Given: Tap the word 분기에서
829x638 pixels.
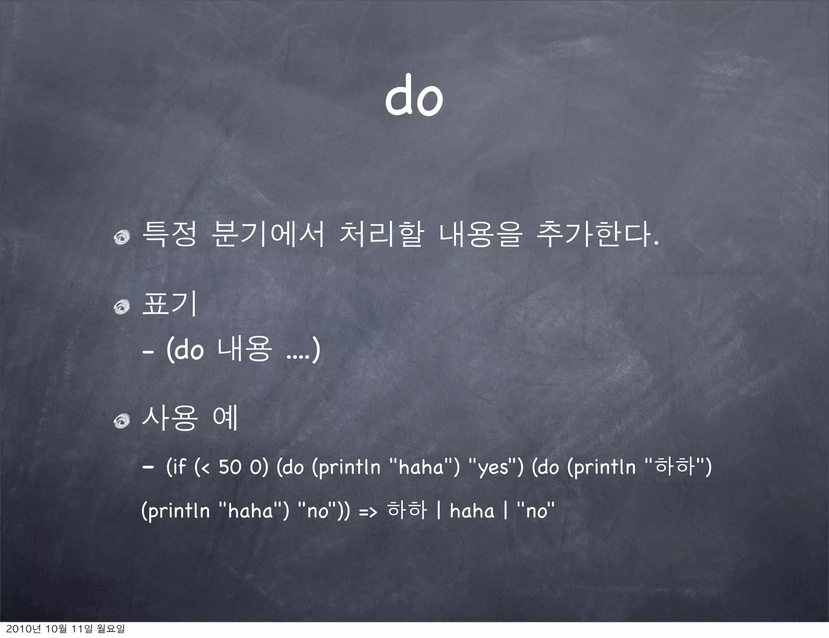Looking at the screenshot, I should click(268, 235).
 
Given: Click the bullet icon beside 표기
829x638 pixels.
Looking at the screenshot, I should click(121, 308).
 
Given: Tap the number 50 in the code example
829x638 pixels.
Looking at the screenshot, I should click(230, 468).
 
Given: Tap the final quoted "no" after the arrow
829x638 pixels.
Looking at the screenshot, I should click(535, 510).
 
